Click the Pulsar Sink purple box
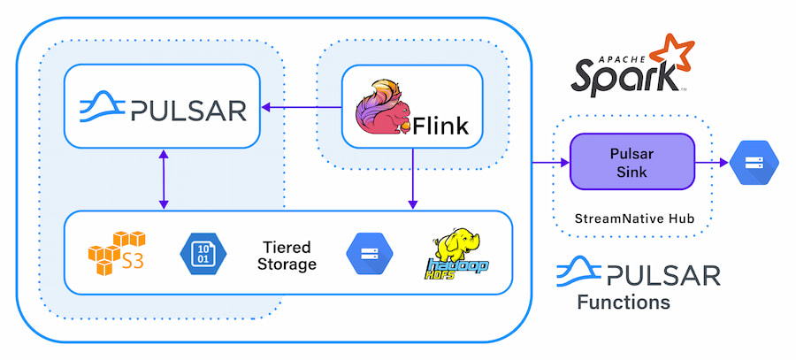coord(631,161)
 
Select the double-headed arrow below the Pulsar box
coord(162,179)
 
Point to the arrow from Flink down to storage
coord(412,178)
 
